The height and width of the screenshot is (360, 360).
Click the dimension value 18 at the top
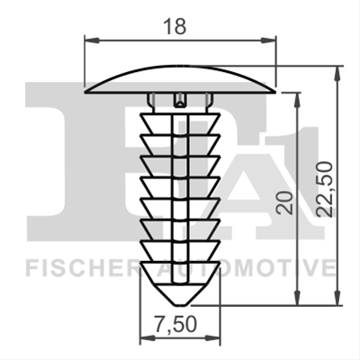pyautogui.click(x=175, y=26)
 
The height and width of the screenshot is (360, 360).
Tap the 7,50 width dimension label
pyautogui.click(x=175, y=324)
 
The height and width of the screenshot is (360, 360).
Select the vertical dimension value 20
pyautogui.click(x=285, y=202)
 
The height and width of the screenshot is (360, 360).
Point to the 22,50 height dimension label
pyautogui.click(x=325, y=189)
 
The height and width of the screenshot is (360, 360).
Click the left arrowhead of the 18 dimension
pyautogui.click(x=92, y=40)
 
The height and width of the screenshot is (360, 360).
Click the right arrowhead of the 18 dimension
pyautogui.click(x=268, y=40)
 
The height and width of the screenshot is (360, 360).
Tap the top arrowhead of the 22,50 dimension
pyautogui.click(x=337, y=73)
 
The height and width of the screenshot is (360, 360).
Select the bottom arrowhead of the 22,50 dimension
pyautogui.click(x=337, y=298)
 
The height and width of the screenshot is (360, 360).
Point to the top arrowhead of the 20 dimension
pyautogui.click(x=297, y=100)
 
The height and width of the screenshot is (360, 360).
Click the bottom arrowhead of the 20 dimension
pyautogui.click(x=297, y=298)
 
